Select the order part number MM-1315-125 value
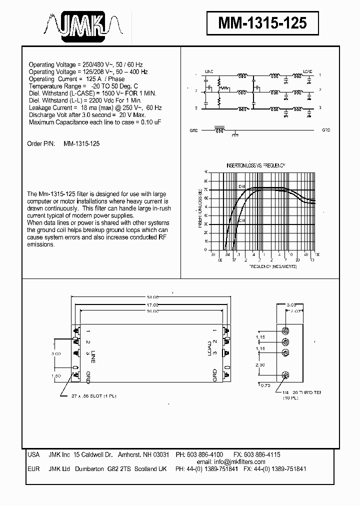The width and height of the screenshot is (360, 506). click(82, 143)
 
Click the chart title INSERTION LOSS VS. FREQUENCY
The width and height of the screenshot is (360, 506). click(255, 165)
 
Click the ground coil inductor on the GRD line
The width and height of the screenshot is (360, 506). click(219, 128)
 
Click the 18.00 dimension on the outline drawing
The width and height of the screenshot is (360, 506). click(152, 296)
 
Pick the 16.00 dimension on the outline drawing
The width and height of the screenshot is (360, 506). click(152, 311)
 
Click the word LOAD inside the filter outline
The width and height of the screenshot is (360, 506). click(209, 347)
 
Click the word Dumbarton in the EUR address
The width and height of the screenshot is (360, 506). click(89, 469)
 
